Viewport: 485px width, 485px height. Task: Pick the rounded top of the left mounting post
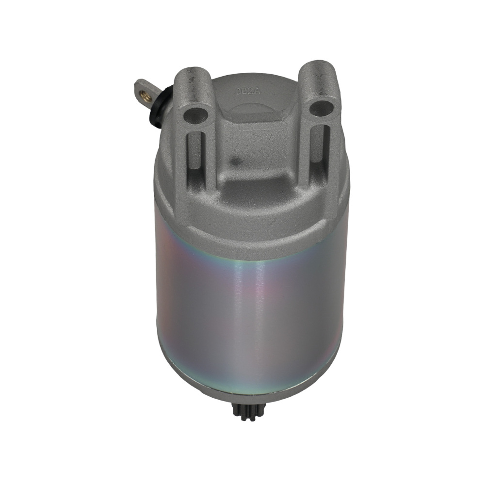click(x=191, y=78)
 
